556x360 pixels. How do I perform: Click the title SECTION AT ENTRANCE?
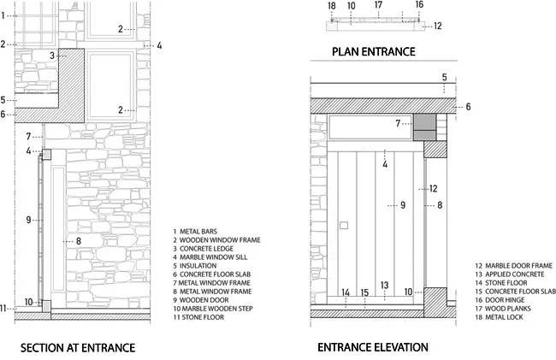coord(78,348)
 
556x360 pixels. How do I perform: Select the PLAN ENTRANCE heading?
coord(374,51)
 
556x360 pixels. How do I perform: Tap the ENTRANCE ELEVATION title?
coord(373,347)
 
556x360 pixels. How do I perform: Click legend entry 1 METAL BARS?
coord(195,232)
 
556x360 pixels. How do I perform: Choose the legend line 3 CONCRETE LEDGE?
coord(204,249)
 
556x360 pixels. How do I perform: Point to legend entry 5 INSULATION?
coord(195,266)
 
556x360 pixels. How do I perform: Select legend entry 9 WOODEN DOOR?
coord(201,300)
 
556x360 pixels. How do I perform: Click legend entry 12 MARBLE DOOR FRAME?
coord(514,266)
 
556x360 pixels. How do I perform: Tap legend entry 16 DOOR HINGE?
coord(500,300)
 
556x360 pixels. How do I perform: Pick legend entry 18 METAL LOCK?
coord(499,317)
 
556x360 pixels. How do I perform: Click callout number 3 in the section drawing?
coord(52,56)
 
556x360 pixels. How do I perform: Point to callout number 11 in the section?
coord(3,309)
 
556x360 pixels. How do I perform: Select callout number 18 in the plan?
coord(332,6)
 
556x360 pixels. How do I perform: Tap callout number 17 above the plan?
coord(378,5)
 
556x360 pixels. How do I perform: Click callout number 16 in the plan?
coord(419,4)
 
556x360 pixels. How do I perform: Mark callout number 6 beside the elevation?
coord(468,107)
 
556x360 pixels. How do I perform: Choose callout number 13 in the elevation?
coord(384,286)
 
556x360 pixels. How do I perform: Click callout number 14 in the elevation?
coord(346,292)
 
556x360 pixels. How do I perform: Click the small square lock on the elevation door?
coord(344,225)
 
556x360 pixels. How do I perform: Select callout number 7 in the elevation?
coord(398,123)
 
